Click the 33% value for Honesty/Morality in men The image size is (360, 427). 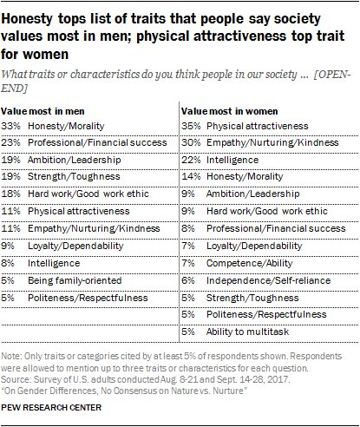point(14,126)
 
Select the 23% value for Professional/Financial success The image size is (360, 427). point(14,141)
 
